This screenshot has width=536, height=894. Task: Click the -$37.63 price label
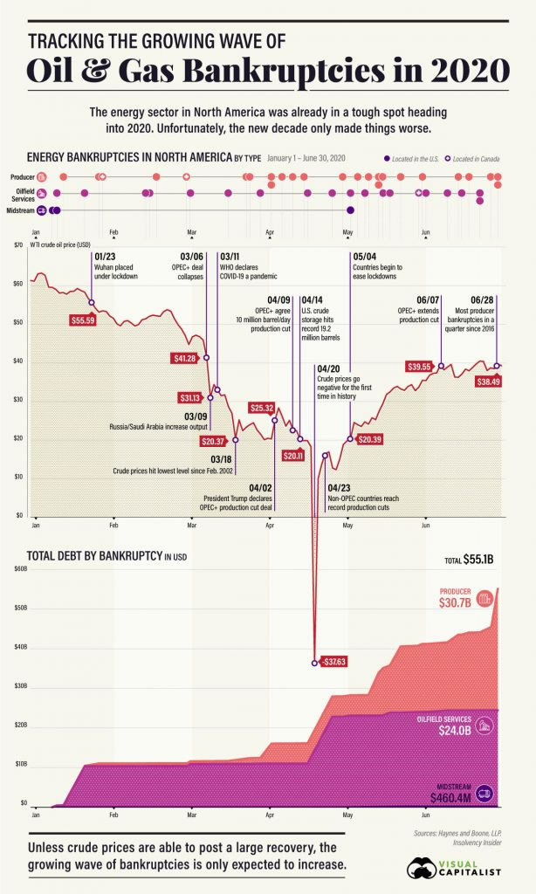[333, 662]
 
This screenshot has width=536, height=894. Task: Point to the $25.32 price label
[262, 408]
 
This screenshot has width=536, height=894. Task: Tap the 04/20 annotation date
[328, 368]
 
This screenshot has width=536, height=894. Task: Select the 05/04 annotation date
[364, 256]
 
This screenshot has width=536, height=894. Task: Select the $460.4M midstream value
[450, 797]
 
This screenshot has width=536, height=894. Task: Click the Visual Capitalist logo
[454, 867]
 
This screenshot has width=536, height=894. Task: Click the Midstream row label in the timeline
[20, 210]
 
